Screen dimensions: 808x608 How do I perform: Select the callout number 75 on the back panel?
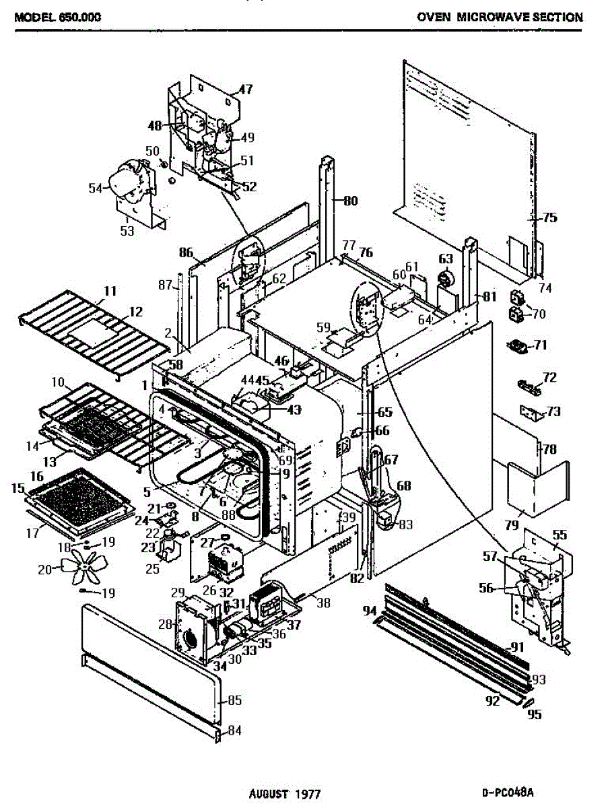click(550, 217)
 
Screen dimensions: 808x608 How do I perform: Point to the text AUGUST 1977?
click(285, 793)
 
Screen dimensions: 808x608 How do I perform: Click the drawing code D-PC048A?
click(512, 793)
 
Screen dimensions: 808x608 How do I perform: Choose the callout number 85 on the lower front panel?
click(234, 700)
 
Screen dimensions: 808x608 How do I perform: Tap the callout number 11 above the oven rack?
click(110, 291)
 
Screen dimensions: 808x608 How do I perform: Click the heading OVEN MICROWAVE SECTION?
click(500, 18)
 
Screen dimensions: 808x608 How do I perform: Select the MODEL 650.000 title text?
click(58, 18)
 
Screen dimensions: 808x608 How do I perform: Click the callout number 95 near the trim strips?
click(535, 714)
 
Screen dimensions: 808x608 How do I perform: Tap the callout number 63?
click(445, 259)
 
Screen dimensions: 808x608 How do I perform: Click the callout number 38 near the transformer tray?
click(323, 603)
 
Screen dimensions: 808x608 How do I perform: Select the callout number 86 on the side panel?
click(187, 253)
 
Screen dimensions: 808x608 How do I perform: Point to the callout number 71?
click(540, 345)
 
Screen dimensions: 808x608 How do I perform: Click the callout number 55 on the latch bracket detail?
click(559, 535)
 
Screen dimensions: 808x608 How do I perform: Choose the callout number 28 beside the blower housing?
click(166, 624)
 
